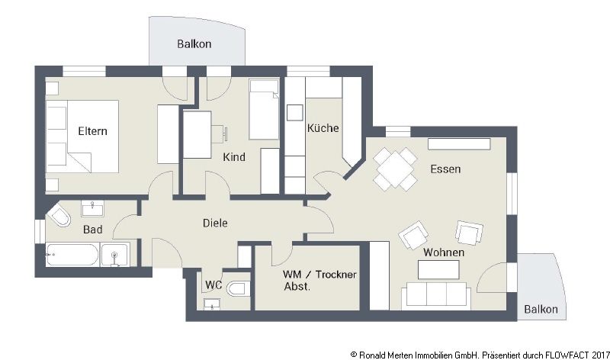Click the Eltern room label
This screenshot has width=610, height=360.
92,130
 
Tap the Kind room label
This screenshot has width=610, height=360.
234,157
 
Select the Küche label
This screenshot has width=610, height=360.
323,128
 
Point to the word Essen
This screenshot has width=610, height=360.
445,169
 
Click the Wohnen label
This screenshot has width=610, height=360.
444,252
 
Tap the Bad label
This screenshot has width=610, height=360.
91,228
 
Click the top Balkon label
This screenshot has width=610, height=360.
194,44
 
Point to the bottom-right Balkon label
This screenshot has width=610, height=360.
541,310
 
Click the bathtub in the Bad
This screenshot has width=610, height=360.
72,255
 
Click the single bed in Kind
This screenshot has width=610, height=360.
264,111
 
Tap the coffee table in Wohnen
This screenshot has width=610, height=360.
438,268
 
